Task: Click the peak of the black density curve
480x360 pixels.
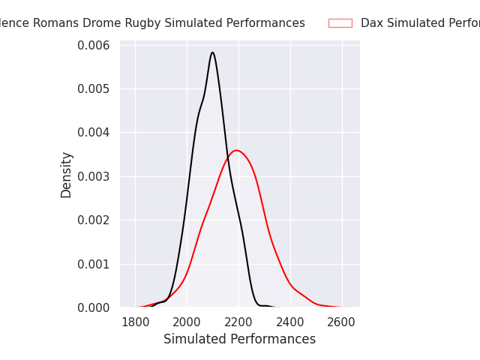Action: (212, 52)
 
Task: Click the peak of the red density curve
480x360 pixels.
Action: (236, 150)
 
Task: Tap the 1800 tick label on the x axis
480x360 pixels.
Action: (135, 322)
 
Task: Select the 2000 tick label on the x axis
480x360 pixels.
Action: (187, 322)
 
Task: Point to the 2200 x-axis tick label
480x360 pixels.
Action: (238, 322)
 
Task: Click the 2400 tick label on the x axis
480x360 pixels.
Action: (290, 322)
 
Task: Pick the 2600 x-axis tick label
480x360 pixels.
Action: (342, 322)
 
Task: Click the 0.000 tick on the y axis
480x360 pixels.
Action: (94, 307)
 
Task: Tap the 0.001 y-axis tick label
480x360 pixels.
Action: (94, 264)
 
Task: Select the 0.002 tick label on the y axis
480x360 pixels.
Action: (94, 220)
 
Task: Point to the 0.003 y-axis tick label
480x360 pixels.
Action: (94, 176)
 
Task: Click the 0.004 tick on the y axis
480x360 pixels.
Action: (94, 133)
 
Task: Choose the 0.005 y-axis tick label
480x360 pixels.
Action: (94, 89)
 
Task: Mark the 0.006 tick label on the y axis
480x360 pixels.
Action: (94, 46)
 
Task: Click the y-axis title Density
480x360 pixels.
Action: (67, 175)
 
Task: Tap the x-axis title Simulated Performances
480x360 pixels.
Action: (239, 339)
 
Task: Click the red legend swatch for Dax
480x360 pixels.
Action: (340, 23)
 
